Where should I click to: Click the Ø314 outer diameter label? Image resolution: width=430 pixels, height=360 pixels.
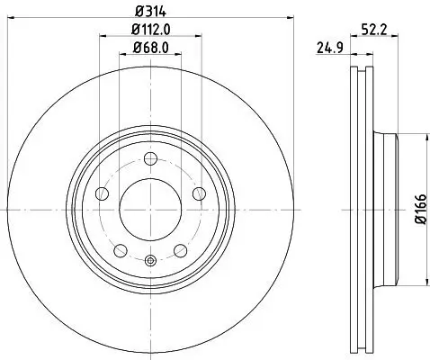pyautogui.click(x=150, y=12)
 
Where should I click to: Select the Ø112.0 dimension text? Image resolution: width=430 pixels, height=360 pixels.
pyautogui.click(x=150, y=31)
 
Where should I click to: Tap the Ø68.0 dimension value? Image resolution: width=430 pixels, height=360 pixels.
pyautogui.click(x=150, y=48)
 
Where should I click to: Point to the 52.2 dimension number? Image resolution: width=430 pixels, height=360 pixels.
pyautogui.click(x=374, y=28)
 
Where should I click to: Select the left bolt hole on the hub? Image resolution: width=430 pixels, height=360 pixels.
pyautogui.click(x=103, y=194)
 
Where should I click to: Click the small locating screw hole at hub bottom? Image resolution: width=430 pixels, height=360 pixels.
pyautogui.click(x=150, y=262)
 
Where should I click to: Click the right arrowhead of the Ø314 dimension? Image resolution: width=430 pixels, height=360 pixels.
pyautogui.click(x=291, y=17)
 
